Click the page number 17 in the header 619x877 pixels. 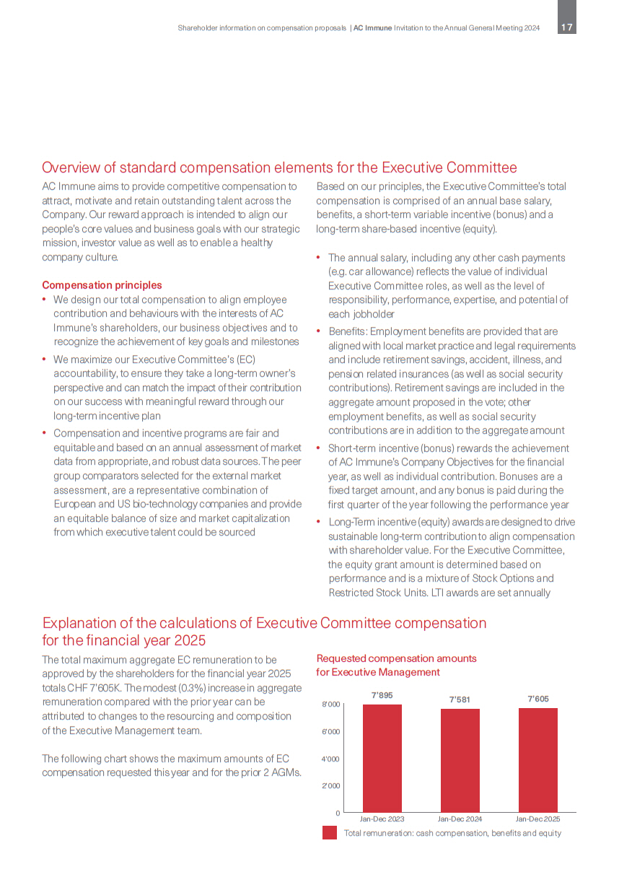point(567,27)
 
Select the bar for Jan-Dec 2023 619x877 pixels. point(382,758)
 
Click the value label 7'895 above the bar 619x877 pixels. point(382,695)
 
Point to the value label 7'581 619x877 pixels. point(460,699)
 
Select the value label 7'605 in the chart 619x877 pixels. point(538,699)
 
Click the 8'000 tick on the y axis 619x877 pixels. point(330,704)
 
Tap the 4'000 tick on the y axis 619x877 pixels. point(330,759)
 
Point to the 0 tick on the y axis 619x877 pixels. point(337,813)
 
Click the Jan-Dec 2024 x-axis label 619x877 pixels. point(460,819)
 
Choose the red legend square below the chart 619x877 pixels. point(330,833)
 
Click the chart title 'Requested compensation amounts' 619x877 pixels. point(396,658)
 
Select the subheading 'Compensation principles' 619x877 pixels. point(102,285)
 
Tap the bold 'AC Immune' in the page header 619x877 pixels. point(373,27)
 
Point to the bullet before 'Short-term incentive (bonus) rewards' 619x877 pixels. point(319,448)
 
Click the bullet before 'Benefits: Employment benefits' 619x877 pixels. point(319,331)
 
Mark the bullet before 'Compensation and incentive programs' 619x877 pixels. point(45,433)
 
